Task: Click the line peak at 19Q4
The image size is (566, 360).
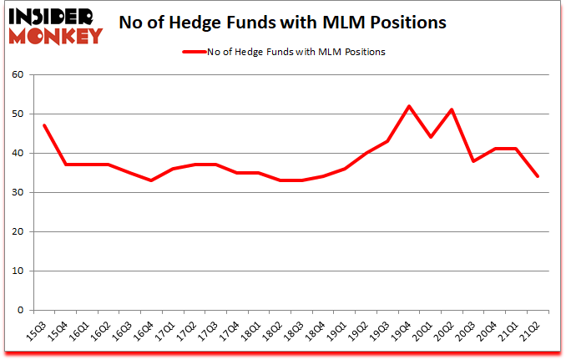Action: (x=409, y=106)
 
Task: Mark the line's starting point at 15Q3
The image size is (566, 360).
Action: (x=43, y=125)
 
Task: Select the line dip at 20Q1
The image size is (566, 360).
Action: (x=431, y=137)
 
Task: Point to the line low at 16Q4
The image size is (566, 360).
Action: (x=151, y=180)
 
